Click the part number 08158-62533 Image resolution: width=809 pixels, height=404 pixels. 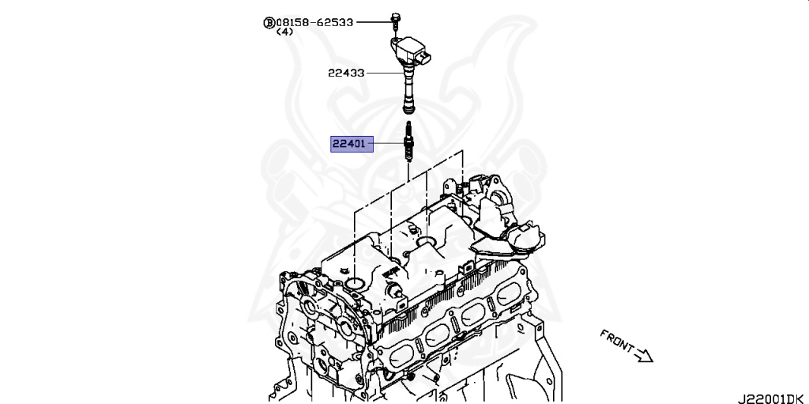(314, 22)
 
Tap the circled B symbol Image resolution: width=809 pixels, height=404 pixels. (269, 23)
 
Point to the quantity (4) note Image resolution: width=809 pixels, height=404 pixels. (284, 32)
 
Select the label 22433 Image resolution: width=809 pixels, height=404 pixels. (346, 73)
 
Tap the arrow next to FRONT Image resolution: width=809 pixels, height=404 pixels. (644, 355)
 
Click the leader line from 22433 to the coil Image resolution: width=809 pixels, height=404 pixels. (383, 73)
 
